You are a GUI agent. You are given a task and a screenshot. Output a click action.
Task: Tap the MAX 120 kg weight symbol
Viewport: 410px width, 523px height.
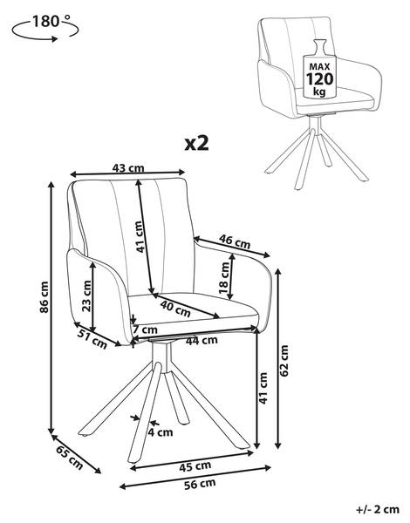[x=319, y=69]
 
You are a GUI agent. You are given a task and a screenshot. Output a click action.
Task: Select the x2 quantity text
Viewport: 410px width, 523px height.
[x=196, y=143]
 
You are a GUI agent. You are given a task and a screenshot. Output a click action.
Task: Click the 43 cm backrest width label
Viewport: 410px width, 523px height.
[x=128, y=167]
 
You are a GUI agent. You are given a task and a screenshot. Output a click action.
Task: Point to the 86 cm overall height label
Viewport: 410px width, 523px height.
[x=44, y=297]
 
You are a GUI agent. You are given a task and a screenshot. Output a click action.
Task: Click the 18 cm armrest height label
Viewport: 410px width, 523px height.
[x=224, y=277]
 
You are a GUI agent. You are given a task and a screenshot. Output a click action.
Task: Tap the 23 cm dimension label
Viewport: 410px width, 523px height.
[x=86, y=295]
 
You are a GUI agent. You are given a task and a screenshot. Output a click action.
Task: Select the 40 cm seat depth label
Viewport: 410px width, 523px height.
[x=175, y=308]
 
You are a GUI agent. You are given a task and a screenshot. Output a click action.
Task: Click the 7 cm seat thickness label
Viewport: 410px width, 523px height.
[x=145, y=329]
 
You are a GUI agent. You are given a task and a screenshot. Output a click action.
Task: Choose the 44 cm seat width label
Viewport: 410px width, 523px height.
[x=202, y=340]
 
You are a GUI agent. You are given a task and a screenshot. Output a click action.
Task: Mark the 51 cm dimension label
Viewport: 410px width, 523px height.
[x=92, y=338]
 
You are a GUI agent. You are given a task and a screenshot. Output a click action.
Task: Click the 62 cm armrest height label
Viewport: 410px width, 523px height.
[x=284, y=361]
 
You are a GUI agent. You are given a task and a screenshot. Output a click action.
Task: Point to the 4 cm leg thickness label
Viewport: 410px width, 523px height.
[x=161, y=432]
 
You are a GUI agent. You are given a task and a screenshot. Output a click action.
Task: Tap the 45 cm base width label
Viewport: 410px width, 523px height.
[x=195, y=466]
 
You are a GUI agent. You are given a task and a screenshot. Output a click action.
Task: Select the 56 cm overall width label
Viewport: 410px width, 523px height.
[x=200, y=483]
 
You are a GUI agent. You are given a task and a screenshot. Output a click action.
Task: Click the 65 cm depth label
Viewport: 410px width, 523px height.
[x=70, y=458]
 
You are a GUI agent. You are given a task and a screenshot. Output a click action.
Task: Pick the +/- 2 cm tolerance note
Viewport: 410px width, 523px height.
[x=378, y=509]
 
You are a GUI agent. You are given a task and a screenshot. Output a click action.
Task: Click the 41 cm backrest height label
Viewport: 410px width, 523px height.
[x=140, y=237]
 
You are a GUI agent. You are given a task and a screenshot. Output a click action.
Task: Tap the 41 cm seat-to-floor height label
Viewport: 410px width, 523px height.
[x=263, y=388]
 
